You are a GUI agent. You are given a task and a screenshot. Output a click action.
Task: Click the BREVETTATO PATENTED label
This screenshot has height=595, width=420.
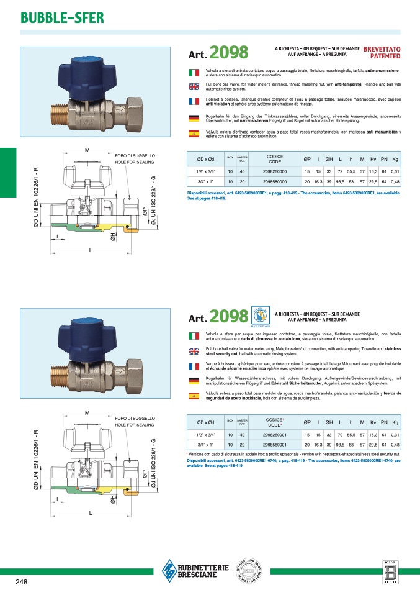coord(382,52)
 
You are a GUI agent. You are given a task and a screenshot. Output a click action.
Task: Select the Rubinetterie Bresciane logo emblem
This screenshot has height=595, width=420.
coord(169,568)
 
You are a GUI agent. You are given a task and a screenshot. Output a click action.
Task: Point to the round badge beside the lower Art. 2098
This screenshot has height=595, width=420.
coord(261,314)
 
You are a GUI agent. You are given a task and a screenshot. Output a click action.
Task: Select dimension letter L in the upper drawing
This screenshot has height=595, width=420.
coord(91,250)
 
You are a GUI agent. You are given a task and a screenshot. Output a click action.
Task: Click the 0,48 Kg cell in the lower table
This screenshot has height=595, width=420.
coord(395,445)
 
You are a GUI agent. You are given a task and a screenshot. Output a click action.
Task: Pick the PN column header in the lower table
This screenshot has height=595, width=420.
coord(385,422)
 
